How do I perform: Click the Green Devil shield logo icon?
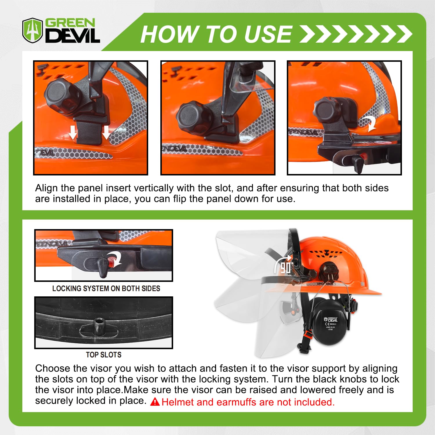[x=32, y=30]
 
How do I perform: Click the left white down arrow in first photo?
[x=73, y=132]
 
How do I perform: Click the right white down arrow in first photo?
[x=106, y=132]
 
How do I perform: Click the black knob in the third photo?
[x=328, y=110]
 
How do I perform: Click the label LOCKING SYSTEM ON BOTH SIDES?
[x=106, y=289]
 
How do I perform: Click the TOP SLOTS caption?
[x=104, y=355]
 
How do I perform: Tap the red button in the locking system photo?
[x=111, y=260]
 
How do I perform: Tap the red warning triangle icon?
[x=155, y=402]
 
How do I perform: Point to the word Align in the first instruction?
[x=46, y=188]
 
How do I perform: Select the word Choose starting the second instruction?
[x=52, y=369]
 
